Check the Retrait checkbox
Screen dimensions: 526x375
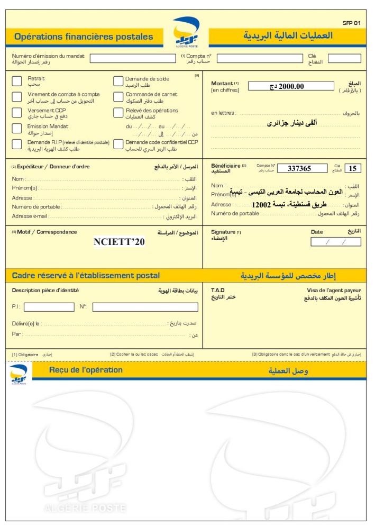click(x=17, y=81)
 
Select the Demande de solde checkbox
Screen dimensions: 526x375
click(x=118, y=81)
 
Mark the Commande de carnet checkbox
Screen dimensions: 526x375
click(x=118, y=97)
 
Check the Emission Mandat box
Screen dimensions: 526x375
click(x=17, y=129)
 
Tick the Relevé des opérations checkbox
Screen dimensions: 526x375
click(x=118, y=113)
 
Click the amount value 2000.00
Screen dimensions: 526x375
click(x=291, y=86)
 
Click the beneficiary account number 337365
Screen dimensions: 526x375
click(x=299, y=169)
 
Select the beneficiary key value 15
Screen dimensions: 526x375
click(x=353, y=169)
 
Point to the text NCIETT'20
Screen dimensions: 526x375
click(x=119, y=242)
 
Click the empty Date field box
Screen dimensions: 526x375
click(x=336, y=242)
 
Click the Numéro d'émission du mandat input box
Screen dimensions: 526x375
click(x=132, y=58)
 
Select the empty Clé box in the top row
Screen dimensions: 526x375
click(x=344, y=58)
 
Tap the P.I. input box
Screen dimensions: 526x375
click(x=49, y=307)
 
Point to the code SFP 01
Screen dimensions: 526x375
click(x=351, y=23)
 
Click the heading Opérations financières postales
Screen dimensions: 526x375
click(x=84, y=37)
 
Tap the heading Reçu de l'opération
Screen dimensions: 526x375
click(x=86, y=370)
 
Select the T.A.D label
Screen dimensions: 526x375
click(x=218, y=290)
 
